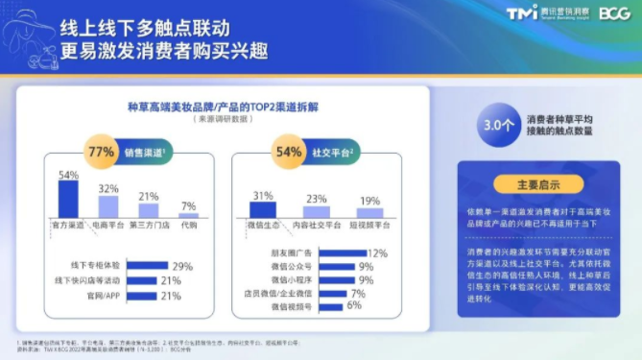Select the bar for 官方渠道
(68, 201)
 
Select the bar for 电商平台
(108, 207)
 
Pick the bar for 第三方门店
(149, 211)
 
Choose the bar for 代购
(188, 216)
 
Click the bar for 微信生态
(262, 209)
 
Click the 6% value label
(353, 305)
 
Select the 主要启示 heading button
(537, 184)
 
